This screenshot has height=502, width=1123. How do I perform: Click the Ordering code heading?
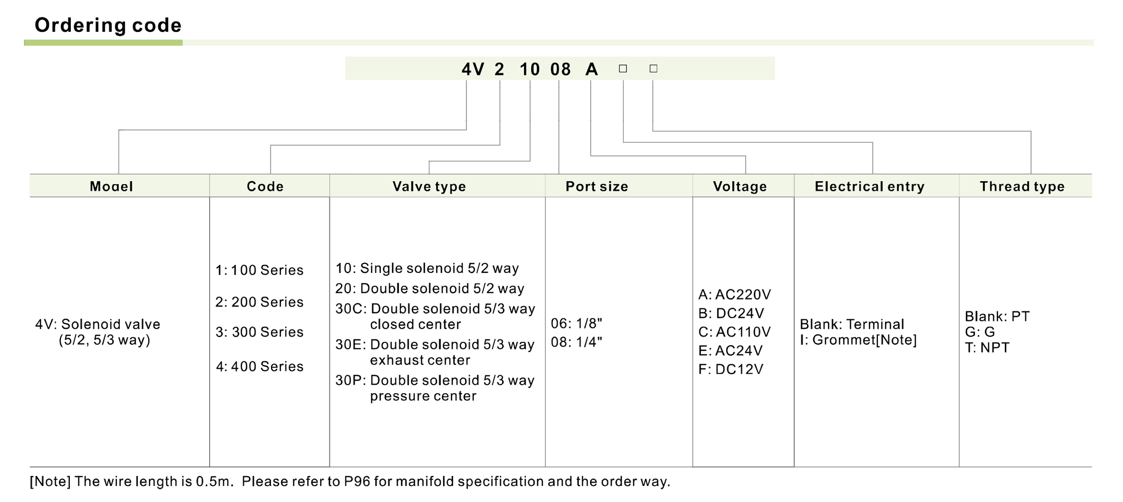coord(108,25)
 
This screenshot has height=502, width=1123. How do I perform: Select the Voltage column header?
coord(740,187)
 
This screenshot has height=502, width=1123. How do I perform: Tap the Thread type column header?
coord(1022,187)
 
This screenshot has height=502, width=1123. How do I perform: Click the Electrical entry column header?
coord(869,187)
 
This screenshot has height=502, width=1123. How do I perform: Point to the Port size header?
coord(596,187)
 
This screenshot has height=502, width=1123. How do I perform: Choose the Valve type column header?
coord(429,187)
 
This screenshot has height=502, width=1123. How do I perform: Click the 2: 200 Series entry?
coord(259,302)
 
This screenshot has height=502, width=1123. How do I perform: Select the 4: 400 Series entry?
coord(260,366)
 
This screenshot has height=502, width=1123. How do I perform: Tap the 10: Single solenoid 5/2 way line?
coord(427,268)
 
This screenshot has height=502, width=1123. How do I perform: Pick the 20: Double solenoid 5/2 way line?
coord(430,288)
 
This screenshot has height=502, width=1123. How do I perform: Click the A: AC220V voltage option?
coord(734,294)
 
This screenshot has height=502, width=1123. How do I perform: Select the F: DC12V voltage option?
coord(731,369)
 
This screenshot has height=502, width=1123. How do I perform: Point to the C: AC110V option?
coord(734,332)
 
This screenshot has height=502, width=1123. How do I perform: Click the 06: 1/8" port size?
coord(576,323)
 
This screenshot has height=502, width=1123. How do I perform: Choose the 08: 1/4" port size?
coord(576,342)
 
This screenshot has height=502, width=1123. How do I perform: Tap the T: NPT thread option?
coord(987,348)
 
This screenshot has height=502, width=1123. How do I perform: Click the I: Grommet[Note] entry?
coord(858,340)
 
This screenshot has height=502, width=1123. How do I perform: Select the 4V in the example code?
coord(472,69)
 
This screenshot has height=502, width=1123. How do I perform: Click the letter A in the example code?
coord(591,69)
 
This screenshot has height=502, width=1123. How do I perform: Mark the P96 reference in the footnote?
coord(356,482)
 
